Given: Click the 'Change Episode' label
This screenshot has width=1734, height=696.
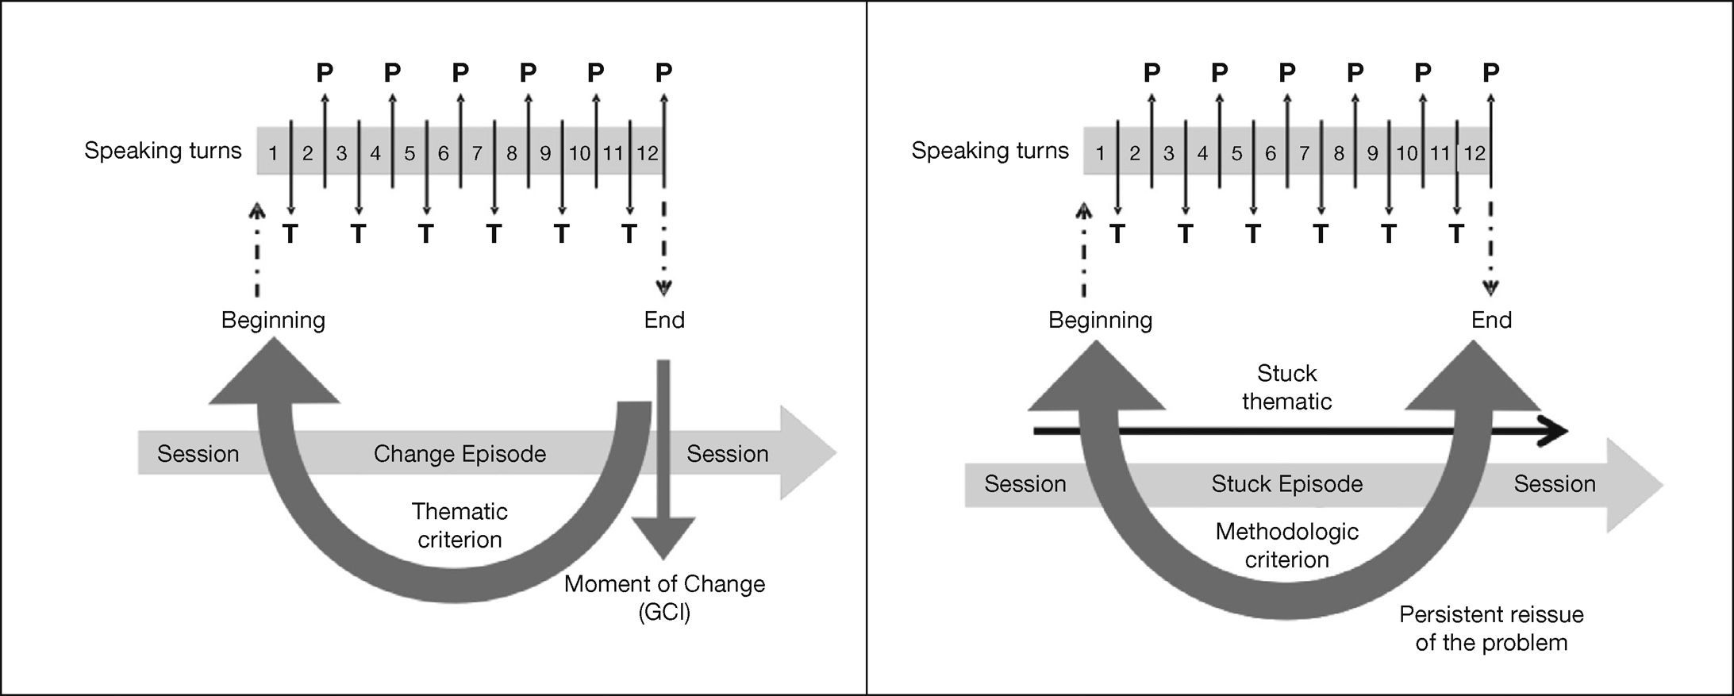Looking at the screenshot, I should coord(459,454).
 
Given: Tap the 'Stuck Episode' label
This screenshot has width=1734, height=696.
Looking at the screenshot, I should coord(1286,484).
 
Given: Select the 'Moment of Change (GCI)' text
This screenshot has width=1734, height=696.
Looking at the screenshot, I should coord(664,598).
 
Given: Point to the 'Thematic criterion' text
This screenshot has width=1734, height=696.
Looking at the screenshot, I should coord(459,525).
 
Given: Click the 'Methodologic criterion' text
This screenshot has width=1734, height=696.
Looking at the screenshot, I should coord(1286,545).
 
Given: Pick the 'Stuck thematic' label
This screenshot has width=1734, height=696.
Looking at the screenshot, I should coord(1286,387).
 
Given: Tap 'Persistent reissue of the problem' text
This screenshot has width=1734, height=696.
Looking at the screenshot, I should coord(1491,628).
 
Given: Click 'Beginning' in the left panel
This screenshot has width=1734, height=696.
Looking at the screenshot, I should coord(273,320).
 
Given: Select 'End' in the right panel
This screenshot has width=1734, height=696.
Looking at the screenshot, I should coord(1491,320).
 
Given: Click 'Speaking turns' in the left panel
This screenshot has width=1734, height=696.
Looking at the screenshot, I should coord(163,151).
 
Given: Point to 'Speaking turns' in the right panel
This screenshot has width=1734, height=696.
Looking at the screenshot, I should coord(990,151).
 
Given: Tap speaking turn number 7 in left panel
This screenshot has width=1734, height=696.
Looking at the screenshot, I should coord(477,153).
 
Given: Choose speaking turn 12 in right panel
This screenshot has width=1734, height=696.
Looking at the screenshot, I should coord(1474,153).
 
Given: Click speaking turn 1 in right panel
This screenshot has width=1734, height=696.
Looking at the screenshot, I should coord(1100,153).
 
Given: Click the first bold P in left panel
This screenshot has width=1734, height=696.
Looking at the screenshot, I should coord(325,73).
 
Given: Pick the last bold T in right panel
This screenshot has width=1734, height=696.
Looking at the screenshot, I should coord(1455,234).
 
